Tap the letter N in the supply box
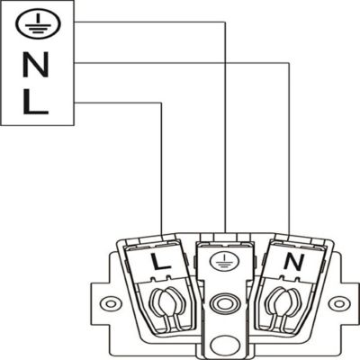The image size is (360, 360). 36,65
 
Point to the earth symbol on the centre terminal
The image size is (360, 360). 225,260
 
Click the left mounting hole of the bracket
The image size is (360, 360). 111,303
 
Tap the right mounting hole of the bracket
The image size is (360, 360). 338,303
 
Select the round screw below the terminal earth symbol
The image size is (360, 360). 225,303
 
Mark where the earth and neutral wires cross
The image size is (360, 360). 225,63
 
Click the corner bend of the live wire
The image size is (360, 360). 162,103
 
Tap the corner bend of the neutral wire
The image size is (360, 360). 289,63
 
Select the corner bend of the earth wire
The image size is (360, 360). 225,22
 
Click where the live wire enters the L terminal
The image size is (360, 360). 162,235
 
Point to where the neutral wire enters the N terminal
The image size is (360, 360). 289,234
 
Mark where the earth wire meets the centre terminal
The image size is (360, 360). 225,232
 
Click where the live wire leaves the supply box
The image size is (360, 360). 75,103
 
